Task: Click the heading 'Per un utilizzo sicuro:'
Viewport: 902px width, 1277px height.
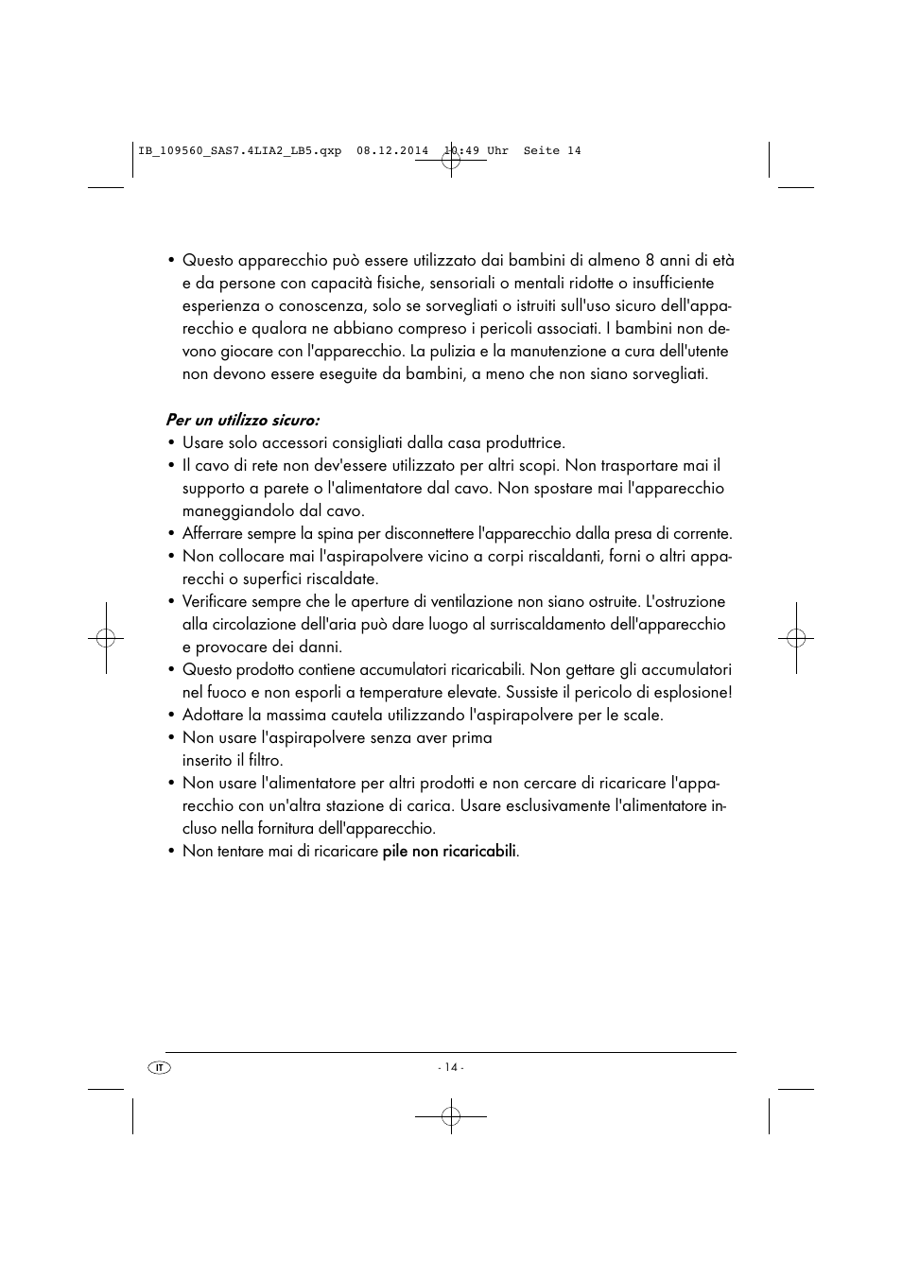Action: tap(242, 420)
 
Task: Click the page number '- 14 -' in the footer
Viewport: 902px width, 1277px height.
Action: tap(450, 1067)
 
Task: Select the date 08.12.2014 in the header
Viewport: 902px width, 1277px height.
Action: tap(392, 151)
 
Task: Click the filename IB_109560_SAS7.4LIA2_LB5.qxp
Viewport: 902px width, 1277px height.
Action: tap(239, 151)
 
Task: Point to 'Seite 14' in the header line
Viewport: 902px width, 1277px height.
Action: tap(552, 151)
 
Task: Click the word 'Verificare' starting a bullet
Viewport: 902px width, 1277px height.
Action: tap(215, 601)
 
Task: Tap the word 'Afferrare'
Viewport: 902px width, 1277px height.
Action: tap(213, 533)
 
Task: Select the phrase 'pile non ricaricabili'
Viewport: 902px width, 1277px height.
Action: tap(449, 851)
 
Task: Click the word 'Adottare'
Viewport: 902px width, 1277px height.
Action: tap(212, 715)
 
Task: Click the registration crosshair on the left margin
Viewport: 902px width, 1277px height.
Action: tap(106, 638)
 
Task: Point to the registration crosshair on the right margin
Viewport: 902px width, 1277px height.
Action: tap(796, 638)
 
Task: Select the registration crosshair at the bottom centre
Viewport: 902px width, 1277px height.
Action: tap(451, 1116)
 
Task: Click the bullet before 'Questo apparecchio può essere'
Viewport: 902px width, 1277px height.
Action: tap(171, 261)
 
